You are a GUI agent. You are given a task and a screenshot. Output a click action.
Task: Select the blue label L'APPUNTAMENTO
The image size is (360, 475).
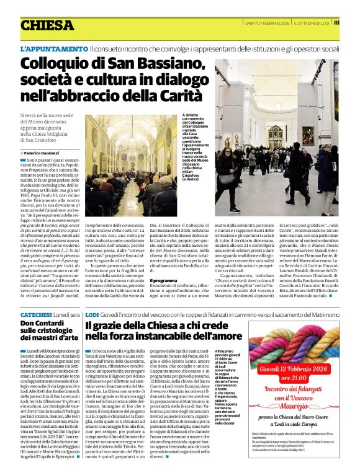pyautogui.click(x=54, y=48)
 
